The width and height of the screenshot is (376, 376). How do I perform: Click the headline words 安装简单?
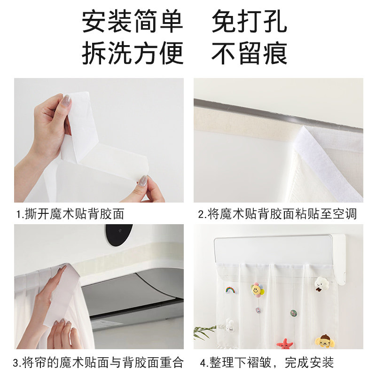(133, 22)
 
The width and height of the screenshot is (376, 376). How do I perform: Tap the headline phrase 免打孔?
(249, 22)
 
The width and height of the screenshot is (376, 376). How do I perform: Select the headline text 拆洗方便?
(133, 53)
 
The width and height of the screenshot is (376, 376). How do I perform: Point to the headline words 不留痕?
(249, 53)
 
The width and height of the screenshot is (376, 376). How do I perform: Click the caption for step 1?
(70, 214)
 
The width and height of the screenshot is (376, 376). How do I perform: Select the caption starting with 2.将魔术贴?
(277, 214)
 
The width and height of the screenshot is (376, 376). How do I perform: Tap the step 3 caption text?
(98, 362)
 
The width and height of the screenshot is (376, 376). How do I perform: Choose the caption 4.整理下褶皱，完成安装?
(266, 362)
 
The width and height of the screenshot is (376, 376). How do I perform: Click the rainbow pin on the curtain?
(231, 290)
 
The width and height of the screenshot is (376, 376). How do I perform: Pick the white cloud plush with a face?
(321, 283)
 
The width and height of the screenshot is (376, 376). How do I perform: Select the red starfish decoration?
(284, 344)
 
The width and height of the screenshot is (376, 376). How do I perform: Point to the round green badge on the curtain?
(293, 313)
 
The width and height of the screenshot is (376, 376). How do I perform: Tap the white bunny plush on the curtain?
(230, 324)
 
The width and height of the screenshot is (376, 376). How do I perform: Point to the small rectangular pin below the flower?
(258, 310)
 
